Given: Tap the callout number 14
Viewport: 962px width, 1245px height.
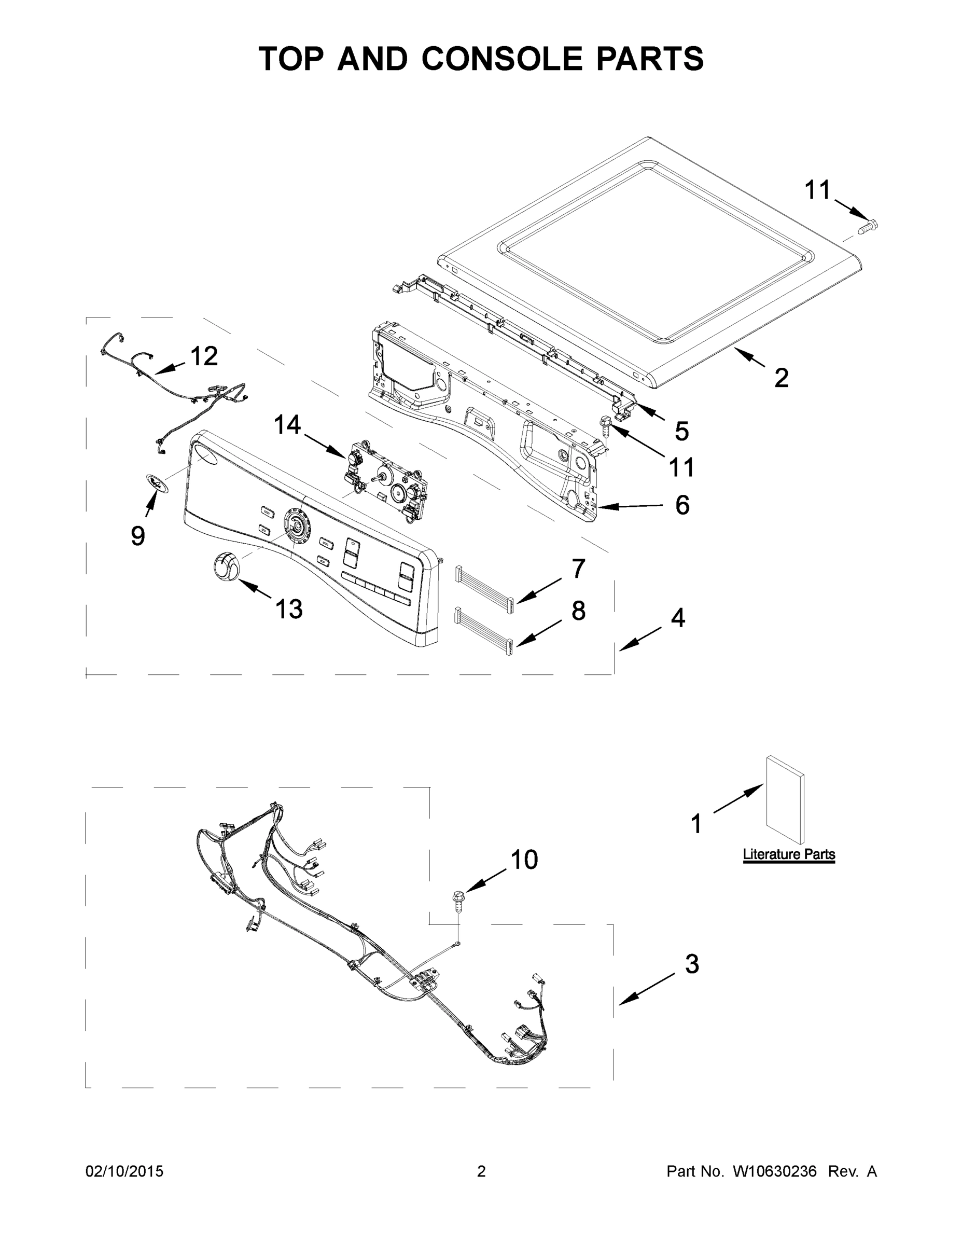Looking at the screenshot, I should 287,425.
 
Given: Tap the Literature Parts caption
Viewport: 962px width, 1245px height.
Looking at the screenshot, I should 789,854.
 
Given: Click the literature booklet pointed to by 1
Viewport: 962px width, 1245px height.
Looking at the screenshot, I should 785,800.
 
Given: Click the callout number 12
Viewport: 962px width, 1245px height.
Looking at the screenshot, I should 203,356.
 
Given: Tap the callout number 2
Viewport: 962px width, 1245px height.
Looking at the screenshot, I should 782,378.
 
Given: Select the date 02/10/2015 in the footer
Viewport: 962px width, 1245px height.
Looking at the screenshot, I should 124,1171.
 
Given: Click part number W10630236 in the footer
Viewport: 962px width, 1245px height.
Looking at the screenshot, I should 774,1171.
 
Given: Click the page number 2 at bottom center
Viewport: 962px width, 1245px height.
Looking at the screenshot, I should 481,1171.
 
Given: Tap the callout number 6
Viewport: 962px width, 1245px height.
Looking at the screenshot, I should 682,505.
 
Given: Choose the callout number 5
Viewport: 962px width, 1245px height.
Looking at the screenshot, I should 682,431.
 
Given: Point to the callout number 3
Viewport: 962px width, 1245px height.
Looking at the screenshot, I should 691,964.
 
